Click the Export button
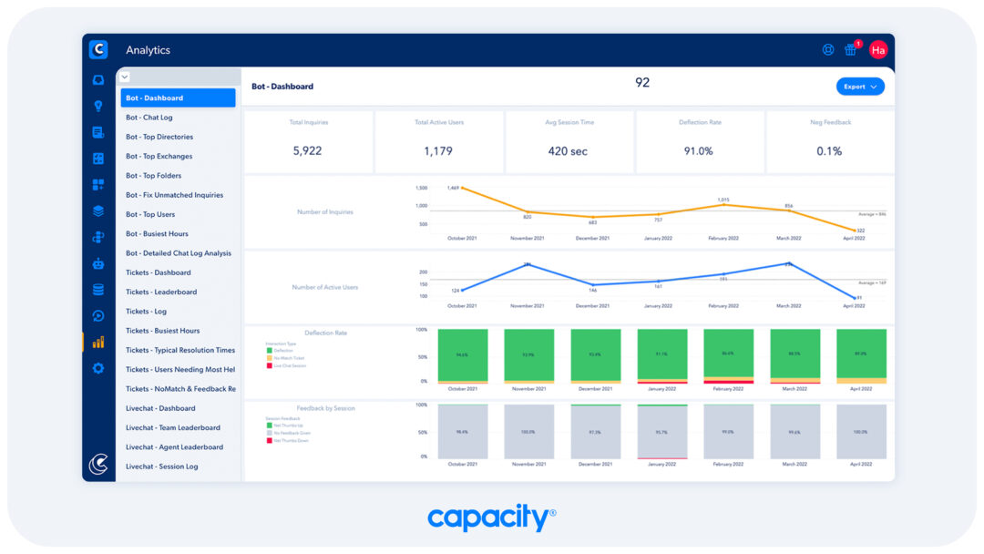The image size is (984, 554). click(x=859, y=87)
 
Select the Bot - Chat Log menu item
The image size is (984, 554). click(x=149, y=118)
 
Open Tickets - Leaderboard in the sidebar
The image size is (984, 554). click(x=161, y=292)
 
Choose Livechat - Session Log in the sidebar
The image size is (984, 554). click(x=161, y=467)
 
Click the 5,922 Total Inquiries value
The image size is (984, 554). click(x=307, y=150)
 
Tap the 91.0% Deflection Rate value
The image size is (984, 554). click(x=698, y=150)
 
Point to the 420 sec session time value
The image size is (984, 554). click(x=568, y=150)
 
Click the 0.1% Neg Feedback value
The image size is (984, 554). click(x=829, y=150)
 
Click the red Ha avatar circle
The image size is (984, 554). click(x=878, y=50)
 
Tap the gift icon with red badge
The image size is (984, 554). click(x=851, y=50)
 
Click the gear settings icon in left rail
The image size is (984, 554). click(x=98, y=368)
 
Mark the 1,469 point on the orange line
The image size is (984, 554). click(x=462, y=189)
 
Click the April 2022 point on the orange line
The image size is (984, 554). click(x=855, y=231)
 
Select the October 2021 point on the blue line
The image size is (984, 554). click(x=462, y=291)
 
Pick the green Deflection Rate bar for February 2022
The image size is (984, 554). click(x=729, y=352)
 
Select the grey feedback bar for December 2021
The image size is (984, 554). click(x=595, y=432)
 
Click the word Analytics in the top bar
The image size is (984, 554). click(x=148, y=50)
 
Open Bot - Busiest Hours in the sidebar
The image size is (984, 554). click(x=157, y=234)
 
